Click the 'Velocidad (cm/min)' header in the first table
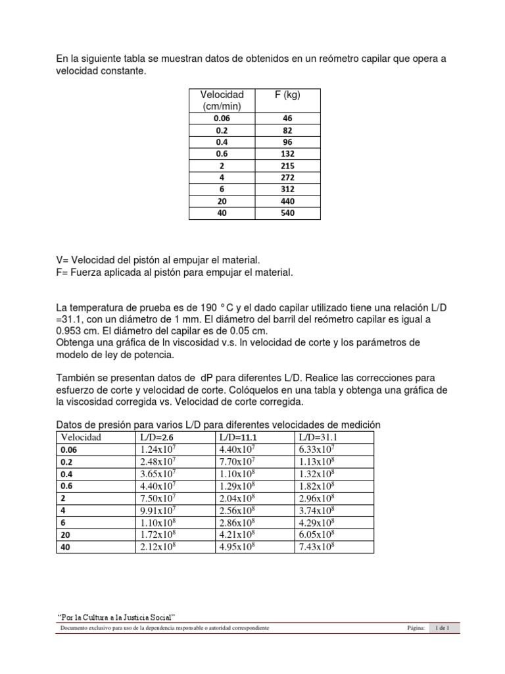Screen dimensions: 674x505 coord(222,101)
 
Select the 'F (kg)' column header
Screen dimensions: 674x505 coord(287,95)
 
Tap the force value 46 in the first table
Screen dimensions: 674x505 coord(287,118)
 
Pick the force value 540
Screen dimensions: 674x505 coord(287,213)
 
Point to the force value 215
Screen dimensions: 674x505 coord(287,166)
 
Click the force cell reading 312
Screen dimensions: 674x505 coord(287,190)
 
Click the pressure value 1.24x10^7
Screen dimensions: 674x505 coord(157,449)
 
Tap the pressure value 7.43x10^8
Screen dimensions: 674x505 coord(317,547)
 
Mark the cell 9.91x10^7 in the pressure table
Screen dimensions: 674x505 coord(157,510)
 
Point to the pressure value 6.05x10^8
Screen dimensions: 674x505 coord(317,534)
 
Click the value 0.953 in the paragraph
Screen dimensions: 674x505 coord(69,331)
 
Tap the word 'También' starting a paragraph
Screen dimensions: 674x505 coord(76,378)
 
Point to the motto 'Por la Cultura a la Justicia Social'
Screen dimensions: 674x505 coord(116,617)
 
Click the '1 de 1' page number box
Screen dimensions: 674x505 coord(443,629)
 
